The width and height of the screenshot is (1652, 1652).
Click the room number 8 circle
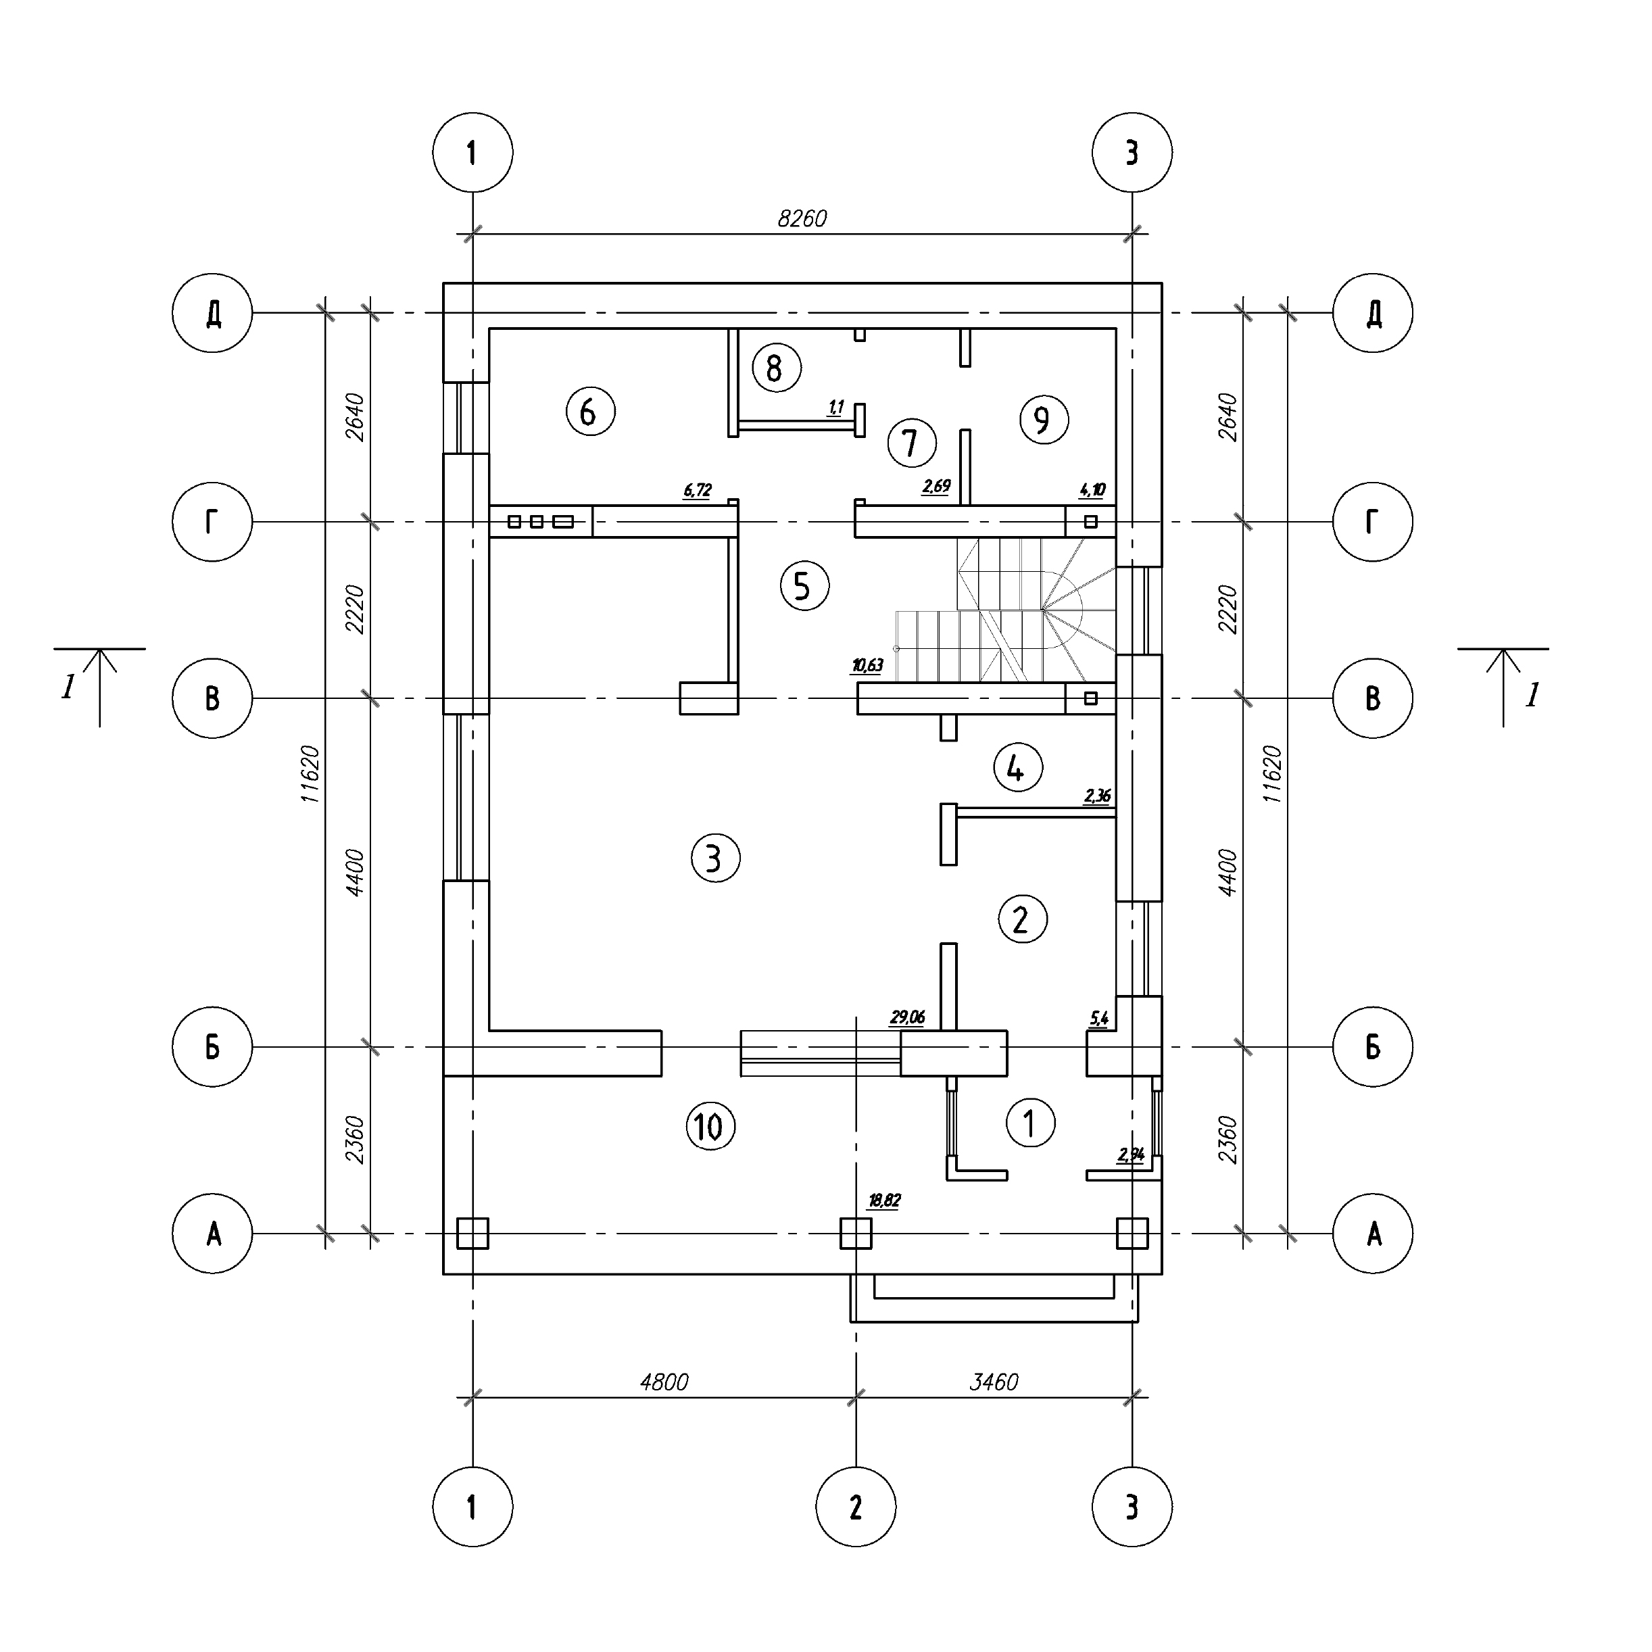click(777, 368)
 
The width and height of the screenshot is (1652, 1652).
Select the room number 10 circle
click(710, 1126)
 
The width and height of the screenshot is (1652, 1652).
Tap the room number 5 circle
click(804, 586)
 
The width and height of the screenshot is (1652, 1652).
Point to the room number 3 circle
click(716, 858)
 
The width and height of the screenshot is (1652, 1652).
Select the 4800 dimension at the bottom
click(664, 1382)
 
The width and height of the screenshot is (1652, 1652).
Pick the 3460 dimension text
click(994, 1382)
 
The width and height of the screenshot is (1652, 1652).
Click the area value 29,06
click(907, 1017)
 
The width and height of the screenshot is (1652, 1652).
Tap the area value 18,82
click(884, 1200)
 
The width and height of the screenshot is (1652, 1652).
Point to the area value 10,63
click(867, 665)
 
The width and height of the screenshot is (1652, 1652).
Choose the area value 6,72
click(697, 491)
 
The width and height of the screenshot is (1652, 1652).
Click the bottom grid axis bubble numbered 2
click(856, 1507)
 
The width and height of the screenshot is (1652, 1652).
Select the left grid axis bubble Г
click(212, 522)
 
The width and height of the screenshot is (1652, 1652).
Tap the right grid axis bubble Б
click(1372, 1046)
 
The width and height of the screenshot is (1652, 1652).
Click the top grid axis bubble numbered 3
click(1132, 152)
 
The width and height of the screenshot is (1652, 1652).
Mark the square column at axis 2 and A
click(856, 1233)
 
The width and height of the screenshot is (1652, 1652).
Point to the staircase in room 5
click(1004, 610)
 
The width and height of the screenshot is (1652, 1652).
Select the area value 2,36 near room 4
click(1097, 796)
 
